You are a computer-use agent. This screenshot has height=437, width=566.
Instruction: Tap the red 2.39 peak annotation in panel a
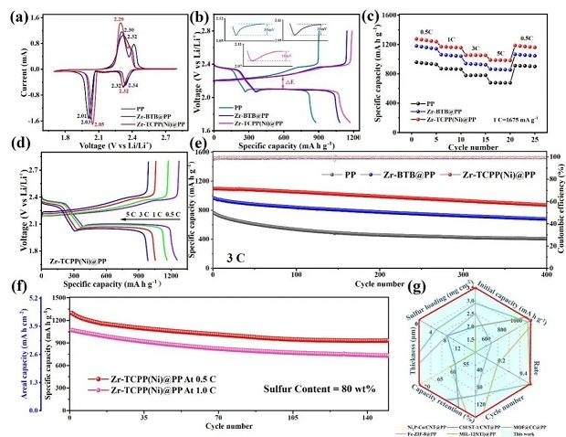119,19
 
